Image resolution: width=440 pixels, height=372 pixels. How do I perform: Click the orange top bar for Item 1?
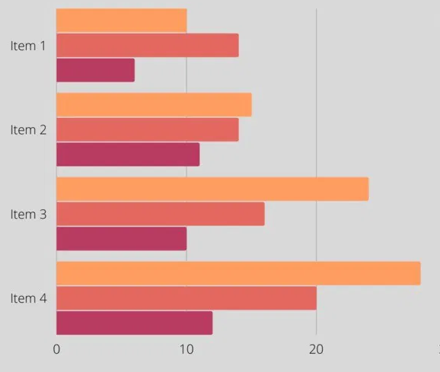pos(121,21)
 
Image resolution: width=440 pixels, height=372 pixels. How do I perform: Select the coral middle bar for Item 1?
pos(147,46)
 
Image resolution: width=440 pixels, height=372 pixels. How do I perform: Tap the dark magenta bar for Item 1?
pos(95,70)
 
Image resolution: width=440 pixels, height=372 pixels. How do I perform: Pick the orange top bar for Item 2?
pos(154,104)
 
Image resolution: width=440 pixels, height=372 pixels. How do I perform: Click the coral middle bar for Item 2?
pos(147,129)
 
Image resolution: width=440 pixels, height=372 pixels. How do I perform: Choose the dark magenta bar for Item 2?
pos(128,154)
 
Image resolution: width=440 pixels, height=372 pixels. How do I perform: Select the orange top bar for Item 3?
pos(212,189)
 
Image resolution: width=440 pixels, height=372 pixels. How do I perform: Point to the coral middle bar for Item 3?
pos(160,214)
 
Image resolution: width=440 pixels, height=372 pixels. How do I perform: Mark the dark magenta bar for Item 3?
pos(121,238)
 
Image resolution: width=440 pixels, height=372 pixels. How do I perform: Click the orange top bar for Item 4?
pos(238,273)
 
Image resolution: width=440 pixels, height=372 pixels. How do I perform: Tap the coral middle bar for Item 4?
pos(187,298)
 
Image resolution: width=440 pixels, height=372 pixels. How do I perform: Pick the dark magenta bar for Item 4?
pos(134,323)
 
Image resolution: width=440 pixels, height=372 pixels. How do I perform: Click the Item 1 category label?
pos(28,46)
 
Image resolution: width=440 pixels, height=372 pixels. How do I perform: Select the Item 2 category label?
pos(28,129)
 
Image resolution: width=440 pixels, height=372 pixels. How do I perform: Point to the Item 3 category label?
pos(28,214)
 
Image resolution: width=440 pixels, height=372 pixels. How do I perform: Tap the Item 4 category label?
pos(28,298)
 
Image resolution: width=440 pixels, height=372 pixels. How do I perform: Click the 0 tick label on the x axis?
pos(56,349)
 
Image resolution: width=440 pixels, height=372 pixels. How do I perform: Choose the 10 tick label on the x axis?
pos(187,349)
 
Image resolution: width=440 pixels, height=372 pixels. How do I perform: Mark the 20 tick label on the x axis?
pos(316,349)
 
